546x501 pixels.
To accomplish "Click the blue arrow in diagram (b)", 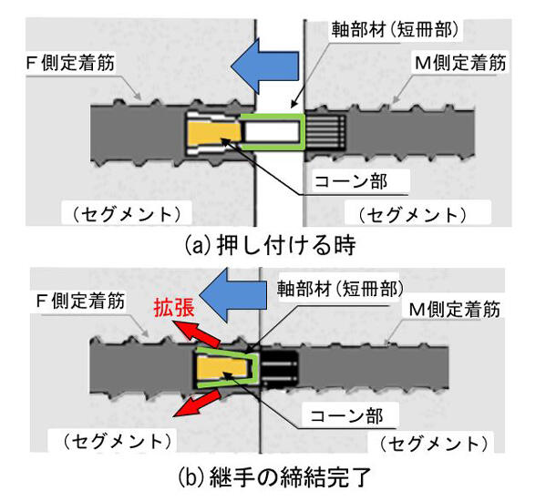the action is pos(235,295).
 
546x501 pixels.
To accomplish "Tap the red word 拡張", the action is pos(174,307).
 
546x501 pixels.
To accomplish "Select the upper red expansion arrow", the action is pos(197,334).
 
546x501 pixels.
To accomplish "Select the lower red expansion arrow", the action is pos(197,403).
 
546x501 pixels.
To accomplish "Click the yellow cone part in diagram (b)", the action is pos(222,370).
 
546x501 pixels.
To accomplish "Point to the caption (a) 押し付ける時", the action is pos(270,245).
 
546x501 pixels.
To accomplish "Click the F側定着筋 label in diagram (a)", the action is pos(71,63).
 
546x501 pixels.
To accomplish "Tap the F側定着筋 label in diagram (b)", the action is pos(80,301).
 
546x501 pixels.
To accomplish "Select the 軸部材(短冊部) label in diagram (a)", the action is pos(395,29).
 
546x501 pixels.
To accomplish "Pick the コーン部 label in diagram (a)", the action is pos(351,181).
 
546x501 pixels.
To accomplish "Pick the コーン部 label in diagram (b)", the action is pos(346,415).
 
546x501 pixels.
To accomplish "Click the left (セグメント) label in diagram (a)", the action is pos(127,214).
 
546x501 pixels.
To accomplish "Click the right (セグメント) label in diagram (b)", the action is pos(434,444).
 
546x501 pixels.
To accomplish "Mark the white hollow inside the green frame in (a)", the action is pos(272,132).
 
